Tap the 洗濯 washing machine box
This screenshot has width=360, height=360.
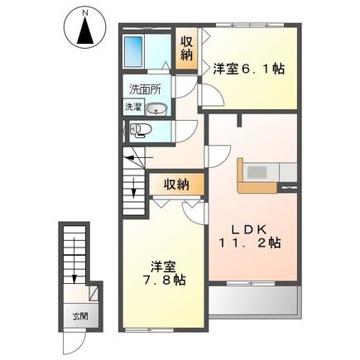click(133, 106)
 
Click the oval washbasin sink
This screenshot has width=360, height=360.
click(159, 108)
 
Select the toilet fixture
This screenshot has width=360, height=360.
click(141, 129)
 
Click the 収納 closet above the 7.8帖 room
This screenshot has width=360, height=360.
click(174, 184)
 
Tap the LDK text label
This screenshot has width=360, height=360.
click(248, 228)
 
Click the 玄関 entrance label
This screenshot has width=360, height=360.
click(77, 316)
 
